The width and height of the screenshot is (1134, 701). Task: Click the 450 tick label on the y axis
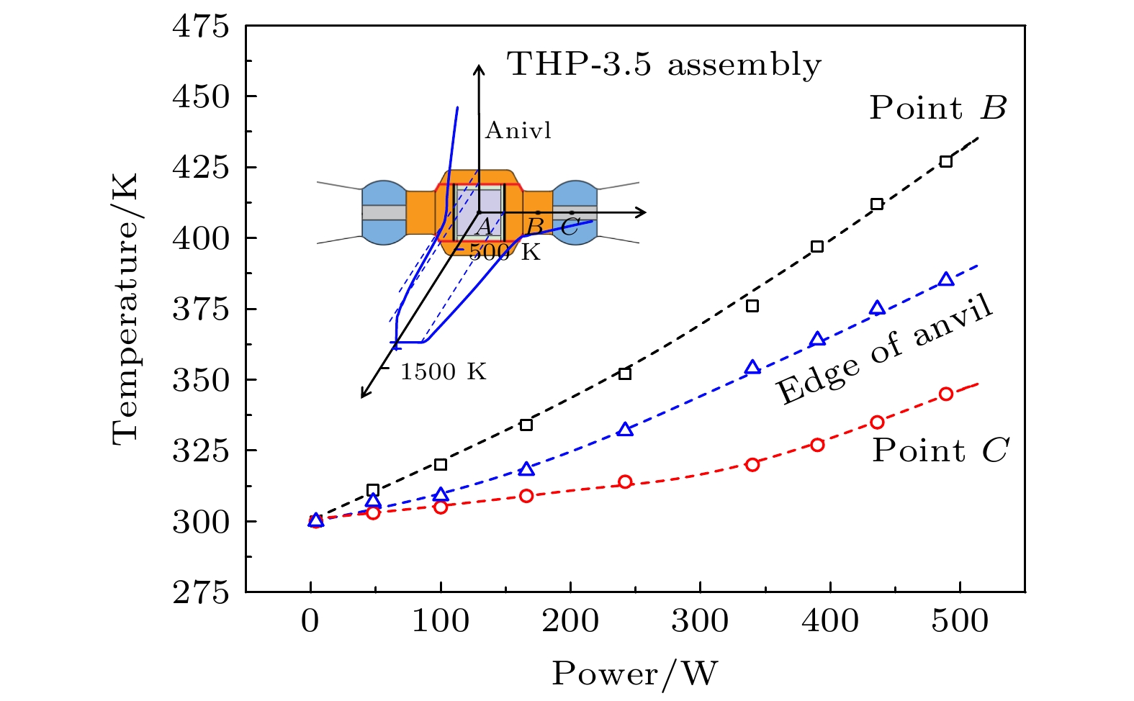[x=200, y=96]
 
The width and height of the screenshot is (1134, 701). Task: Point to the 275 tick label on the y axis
[x=200, y=592]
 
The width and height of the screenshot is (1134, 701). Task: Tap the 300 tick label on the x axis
[x=700, y=621]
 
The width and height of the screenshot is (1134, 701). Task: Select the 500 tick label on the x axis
[x=960, y=621]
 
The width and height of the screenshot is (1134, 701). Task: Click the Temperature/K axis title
[x=125, y=308]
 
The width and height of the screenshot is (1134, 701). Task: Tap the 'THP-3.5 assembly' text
[x=664, y=64]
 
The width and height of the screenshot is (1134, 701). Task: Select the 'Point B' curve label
[x=937, y=108]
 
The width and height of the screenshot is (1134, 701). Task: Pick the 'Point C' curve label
[x=940, y=451]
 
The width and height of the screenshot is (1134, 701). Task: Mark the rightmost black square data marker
[x=946, y=161]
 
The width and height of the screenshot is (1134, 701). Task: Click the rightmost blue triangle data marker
[x=946, y=279]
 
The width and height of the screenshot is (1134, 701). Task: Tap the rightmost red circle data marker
[x=946, y=394]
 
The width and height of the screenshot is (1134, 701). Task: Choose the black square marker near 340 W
[x=752, y=306]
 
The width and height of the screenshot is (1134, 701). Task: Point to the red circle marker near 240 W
[x=625, y=481]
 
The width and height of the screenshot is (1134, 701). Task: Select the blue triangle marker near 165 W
[x=526, y=469]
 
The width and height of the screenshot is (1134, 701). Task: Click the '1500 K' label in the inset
[x=443, y=372]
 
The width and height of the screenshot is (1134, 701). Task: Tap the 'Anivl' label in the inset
[x=518, y=130]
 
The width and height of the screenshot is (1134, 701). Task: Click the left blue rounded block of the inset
[x=384, y=212]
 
